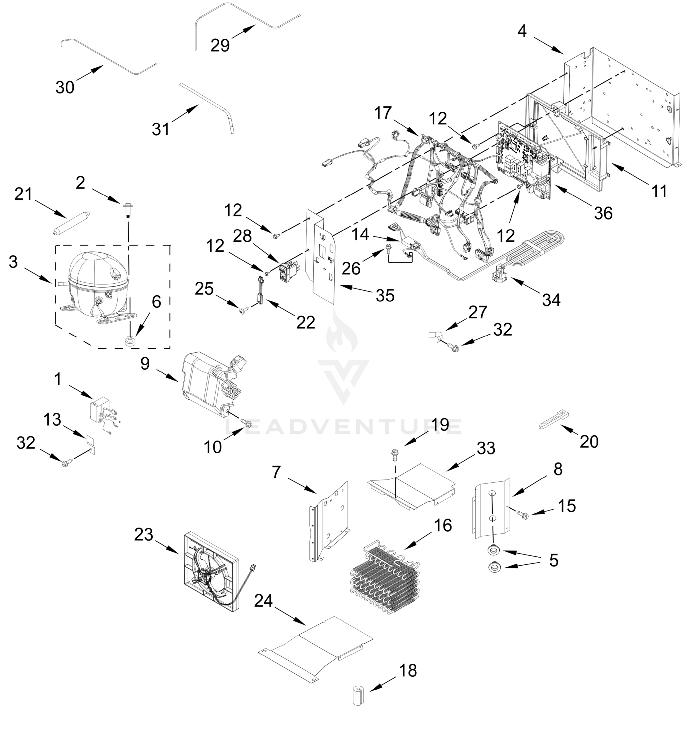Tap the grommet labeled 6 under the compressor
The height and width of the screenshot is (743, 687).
coord(130,340)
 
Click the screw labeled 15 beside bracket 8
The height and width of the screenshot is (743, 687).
coord(523,515)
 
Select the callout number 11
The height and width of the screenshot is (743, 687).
coord(659,192)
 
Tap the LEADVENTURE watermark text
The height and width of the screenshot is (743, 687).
coord(343,427)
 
